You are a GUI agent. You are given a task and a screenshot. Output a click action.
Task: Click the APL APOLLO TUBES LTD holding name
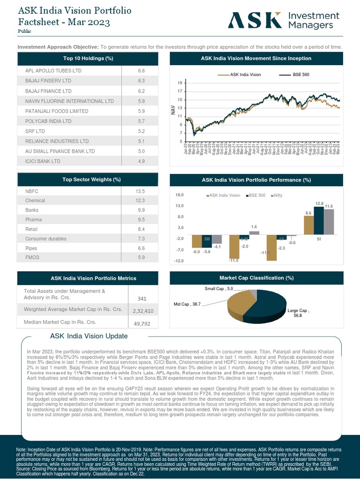pyautogui.click(x=53, y=71)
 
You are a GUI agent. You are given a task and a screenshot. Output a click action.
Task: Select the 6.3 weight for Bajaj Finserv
pyautogui.click(x=141, y=81)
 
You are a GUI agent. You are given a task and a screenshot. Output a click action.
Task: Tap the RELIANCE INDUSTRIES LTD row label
pyautogui.click(x=57, y=141)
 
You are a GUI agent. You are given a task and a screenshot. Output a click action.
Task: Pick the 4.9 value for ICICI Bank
pyautogui.click(x=141, y=161)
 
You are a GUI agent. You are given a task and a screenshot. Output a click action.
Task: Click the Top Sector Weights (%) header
pyautogui.click(x=89, y=180)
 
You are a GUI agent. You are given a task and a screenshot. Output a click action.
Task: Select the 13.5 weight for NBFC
pyautogui.click(x=140, y=191)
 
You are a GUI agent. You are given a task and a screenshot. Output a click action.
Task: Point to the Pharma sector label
pyautogui.click(x=33, y=220)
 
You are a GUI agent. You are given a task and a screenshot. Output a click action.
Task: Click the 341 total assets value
pyautogui.click(x=142, y=299)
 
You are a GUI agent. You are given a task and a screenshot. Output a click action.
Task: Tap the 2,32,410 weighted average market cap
pyautogui.click(x=142, y=311)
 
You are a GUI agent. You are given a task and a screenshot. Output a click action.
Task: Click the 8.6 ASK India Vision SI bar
pyautogui.click(x=308, y=225)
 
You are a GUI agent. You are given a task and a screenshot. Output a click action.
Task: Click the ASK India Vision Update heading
pyautogui.click(x=89, y=336)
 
